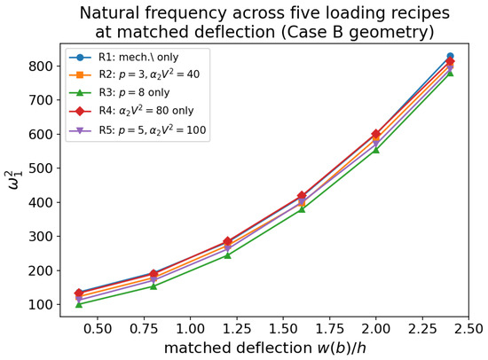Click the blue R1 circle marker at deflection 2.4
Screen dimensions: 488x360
[x=450, y=56]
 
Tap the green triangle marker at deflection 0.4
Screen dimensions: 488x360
[x=79, y=304]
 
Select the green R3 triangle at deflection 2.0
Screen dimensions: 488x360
[x=376, y=150]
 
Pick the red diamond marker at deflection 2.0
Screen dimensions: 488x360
[x=376, y=134]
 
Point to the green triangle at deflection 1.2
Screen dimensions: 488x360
[x=227, y=255]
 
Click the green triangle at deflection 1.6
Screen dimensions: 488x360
[x=302, y=209]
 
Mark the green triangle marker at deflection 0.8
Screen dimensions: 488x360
[x=153, y=286]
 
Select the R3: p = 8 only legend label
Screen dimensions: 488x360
[x=134, y=93]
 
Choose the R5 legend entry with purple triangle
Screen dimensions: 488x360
[x=138, y=129]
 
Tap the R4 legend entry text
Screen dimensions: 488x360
[x=146, y=111]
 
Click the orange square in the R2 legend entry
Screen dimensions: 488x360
[x=80, y=75]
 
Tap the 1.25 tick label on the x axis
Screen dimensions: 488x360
[x=237, y=329]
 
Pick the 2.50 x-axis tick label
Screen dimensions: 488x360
[x=468, y=329]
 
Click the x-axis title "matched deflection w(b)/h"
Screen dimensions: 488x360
[x=265, y=348]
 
